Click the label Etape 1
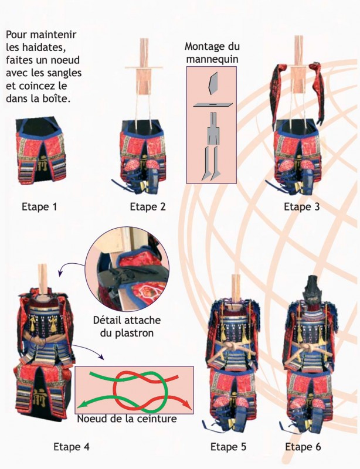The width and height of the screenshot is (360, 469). pos(39,206)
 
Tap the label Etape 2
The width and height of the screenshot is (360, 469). pos(147,206)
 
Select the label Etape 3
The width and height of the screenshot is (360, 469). pos(301,206)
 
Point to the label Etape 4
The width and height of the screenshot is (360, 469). pos(71,447)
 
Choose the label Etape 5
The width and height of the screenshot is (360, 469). pos(229,447)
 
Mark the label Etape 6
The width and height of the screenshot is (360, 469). pos(303,447)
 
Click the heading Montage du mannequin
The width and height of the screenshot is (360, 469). pos(212,53)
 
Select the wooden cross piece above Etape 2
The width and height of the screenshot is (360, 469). pos(144,69)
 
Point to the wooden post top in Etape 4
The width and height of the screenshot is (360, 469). pos(42,275)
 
